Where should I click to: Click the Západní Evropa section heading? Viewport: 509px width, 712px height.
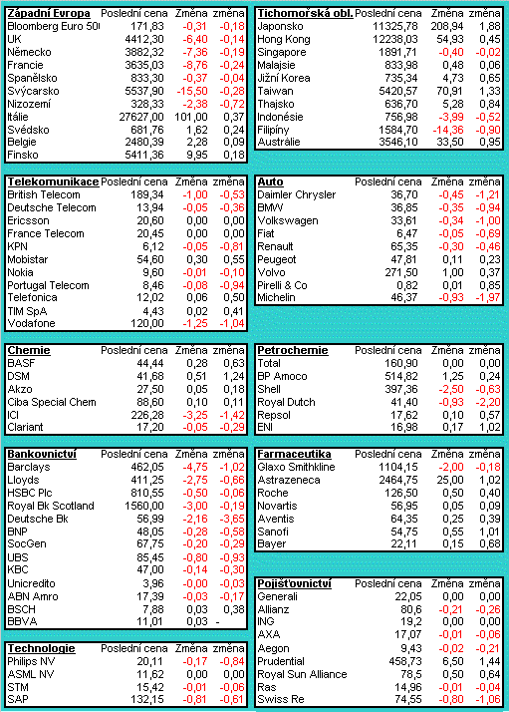(49, 14)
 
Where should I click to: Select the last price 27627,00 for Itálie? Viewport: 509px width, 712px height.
(141, 117)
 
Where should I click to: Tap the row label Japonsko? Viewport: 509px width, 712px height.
(280, 27)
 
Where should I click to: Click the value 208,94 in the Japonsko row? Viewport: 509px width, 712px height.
(447, 27)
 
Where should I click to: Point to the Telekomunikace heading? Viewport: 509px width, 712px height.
(53, 182)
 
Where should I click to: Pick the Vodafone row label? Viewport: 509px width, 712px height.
(31, 324)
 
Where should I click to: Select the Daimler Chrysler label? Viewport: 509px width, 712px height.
(296, 195)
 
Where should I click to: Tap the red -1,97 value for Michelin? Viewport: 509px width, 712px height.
(488, 298)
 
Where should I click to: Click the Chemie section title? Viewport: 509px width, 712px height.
(29, 351)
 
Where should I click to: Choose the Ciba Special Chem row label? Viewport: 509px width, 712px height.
(52, 402)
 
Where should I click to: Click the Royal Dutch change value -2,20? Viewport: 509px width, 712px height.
(488, 402)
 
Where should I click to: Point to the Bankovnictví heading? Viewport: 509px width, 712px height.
(42, 454)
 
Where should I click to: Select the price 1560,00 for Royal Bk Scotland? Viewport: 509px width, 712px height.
(144, 506)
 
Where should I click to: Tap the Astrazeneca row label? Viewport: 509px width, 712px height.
(289, 481)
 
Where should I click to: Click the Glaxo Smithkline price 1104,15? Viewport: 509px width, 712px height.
(398, 468)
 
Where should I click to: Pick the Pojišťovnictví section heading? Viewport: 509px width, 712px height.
(294, 584)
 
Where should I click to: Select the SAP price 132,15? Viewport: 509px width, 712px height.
(147, 700)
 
